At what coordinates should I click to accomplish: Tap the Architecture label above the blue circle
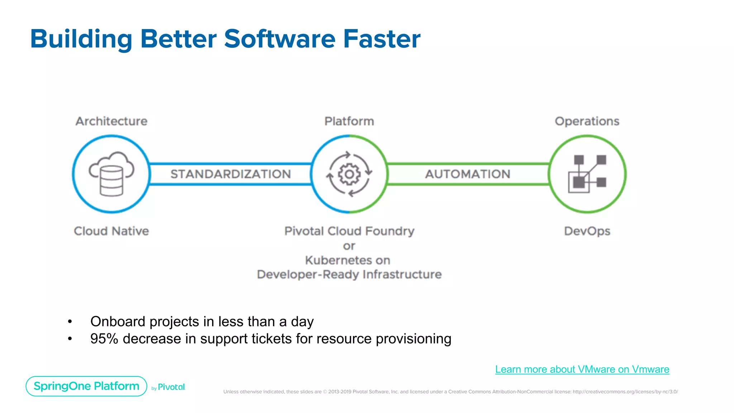(x=111, y=121)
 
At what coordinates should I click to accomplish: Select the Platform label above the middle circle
(x=349, y=121)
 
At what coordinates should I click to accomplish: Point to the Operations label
(x=587, y=121)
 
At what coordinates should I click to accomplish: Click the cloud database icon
(x=111, y=174)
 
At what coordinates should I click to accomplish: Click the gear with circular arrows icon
(x=349, y=174)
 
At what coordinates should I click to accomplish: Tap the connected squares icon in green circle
(x=587, y=174)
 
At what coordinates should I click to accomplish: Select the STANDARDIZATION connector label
(x=230, y=174)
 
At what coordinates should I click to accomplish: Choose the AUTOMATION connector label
(x=468, y=174)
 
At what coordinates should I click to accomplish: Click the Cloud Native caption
(x=111, y=231)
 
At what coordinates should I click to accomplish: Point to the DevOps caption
(x=587, y=231)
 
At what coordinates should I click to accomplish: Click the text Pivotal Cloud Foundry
(x=349, y=231)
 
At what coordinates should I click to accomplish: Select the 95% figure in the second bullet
(x=104, y=339)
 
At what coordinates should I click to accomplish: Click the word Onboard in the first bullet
(x=118, y=322)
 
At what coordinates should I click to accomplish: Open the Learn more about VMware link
(x=582, y=369)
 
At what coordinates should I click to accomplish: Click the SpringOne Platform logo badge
(x=86, y=386)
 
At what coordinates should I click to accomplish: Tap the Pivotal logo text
(x=171, y=387)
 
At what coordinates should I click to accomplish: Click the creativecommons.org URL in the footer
(x=625, y=392)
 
